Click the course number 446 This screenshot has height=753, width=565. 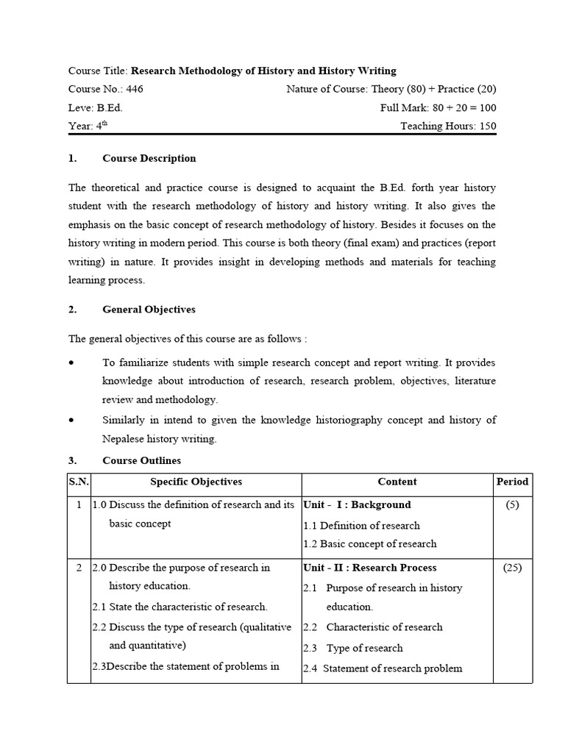coord(135,89)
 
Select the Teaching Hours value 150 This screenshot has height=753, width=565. coord(488,126)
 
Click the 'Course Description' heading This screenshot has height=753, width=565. coord(149,158)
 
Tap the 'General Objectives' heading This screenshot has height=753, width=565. coord(149,310)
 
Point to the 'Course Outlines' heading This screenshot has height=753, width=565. coord(141,460)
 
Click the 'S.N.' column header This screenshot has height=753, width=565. coord(79,482)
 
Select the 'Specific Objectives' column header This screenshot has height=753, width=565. coord(196,482)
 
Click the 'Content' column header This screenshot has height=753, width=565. coord(397,482)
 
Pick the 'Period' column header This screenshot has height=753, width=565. coord(512,482)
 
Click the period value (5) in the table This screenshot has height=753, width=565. coord(512,505)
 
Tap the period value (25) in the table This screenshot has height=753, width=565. coord(512,568)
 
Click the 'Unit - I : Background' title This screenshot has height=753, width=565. coord(357,505)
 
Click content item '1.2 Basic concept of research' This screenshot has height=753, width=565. coord(369,544)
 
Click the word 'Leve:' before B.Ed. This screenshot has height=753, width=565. coord(81,107)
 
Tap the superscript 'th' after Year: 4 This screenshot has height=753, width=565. coord(104,123)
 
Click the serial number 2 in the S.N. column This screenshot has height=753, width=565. coord(79,568)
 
